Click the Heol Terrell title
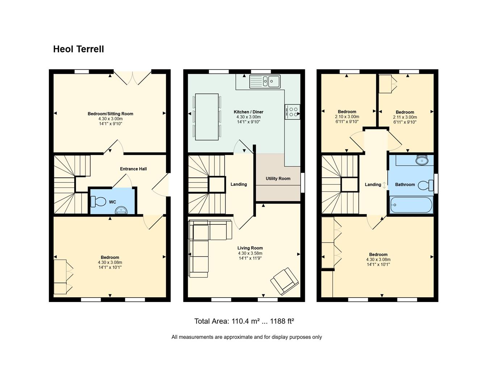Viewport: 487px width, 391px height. [x=79, y=49]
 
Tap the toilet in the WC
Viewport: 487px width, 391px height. [x=98, y=201]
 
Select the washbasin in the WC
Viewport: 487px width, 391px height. [x=121, y=210]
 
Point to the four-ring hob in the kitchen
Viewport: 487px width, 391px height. [x=293, y=112]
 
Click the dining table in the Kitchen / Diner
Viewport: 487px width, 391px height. [x=207, y=117]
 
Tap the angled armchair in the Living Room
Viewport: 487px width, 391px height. [x=285, y=281]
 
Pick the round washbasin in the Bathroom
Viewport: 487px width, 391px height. [x=422, y=160]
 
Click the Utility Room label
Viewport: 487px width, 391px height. [x=278, y=178]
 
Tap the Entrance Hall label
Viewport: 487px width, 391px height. [x=133, y=169]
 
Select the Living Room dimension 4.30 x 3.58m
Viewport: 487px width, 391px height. [x=250, y=253]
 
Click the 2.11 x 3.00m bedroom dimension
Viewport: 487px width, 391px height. [x=405, y=117]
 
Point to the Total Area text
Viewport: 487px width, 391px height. [x=244, y=321]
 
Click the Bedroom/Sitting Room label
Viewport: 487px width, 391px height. [x=110, y=114]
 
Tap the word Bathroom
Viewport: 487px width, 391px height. [x=405, y=185]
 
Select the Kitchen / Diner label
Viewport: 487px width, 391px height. [x=248, y=112]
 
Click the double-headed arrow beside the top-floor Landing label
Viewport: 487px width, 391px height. [x=384, y=185]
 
